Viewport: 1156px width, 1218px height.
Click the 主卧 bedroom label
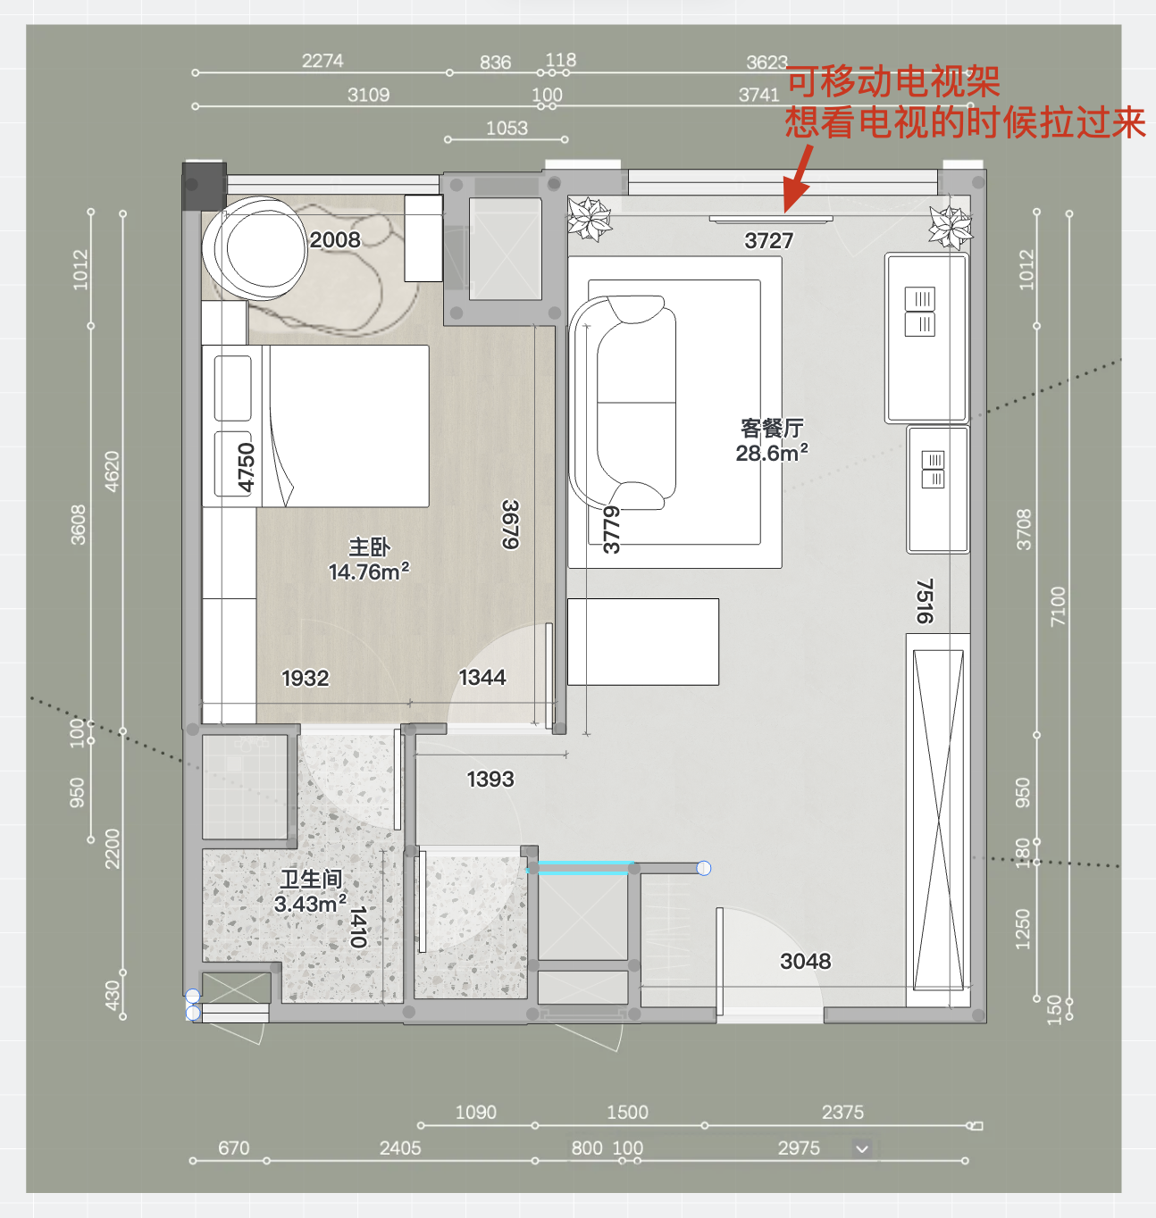370,547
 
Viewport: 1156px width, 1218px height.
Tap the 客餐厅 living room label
772,428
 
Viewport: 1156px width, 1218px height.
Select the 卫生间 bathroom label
311,879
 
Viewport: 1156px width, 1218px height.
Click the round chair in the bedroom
255,249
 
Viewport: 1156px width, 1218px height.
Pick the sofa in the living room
623,403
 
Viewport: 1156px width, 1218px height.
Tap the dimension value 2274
323,61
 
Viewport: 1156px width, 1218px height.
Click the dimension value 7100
1058,606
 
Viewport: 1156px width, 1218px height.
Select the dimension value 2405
400,1148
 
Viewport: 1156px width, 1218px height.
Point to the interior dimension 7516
925,601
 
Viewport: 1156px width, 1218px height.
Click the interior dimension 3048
805,961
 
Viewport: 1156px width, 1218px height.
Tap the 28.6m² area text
772,453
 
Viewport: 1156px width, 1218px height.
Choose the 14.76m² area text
369,571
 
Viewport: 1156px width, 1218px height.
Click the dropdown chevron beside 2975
861,1149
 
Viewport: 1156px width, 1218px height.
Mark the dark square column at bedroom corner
205,186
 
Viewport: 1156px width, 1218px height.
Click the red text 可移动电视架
893,82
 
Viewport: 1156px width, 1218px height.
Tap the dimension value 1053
507,129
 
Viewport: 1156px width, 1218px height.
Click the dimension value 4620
112,471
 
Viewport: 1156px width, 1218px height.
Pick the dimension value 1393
490,779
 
